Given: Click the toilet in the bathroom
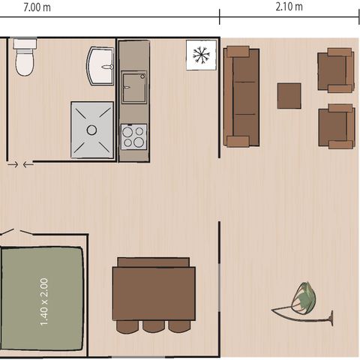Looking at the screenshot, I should tap(25, 58).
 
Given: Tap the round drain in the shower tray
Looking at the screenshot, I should tap(91, 130).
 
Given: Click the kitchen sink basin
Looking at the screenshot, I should tap(134, 86).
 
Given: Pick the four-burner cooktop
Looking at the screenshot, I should tap(133, 136).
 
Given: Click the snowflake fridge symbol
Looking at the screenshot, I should tap(200, 55).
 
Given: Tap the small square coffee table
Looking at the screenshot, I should tap(289, 95).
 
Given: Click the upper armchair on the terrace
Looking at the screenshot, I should tap(334, 71).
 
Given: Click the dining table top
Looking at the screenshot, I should tap(153, 293).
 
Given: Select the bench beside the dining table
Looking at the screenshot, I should tap(153, 262).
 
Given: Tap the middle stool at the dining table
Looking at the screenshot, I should tap(154, 326).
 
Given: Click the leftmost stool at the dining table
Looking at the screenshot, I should tap(128, 326).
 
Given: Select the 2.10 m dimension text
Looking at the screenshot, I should tap(289, 7).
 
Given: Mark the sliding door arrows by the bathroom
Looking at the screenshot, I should tap(19, 164).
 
